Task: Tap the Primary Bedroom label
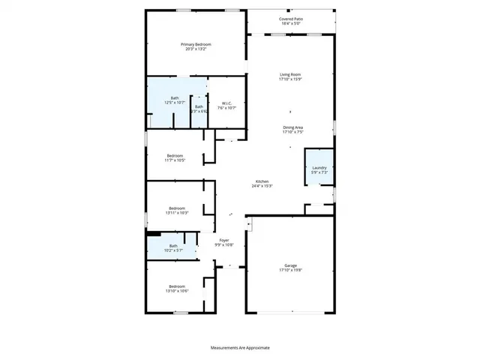tap(196, 44)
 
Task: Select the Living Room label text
tap(289, 74)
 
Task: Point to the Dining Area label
tap(292, 127)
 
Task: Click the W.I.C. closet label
tap(226, 103)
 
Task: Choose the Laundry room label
tap(319, 168)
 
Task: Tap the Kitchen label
tap(262, 181)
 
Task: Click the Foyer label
tap(224, 240)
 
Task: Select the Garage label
tap(290, 265)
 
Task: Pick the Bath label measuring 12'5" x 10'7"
tap(175, 98)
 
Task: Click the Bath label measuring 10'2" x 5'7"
tap(173, 246)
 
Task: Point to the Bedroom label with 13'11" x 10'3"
tap(177, 208)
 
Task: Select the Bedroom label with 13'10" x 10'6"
tap(177, 286)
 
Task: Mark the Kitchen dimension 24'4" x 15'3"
tap(262, 186)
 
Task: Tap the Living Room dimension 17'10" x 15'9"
tap(289, 79)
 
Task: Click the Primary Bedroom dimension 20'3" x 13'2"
tap(196, 49)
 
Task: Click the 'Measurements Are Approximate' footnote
tap(239, 347)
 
